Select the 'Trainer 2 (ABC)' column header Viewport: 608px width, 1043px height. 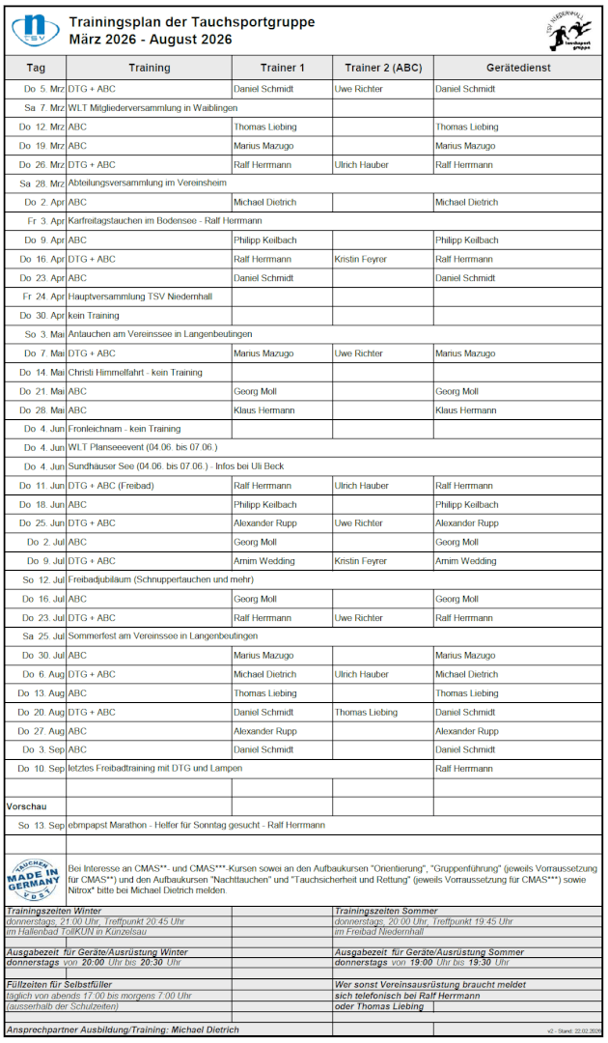click(383, 68)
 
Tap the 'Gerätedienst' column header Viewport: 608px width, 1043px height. click(518, 68)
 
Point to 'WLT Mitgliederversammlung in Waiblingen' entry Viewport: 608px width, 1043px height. click(152, 108)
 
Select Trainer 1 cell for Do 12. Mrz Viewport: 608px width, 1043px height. click(263, 127)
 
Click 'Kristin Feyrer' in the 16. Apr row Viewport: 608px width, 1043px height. click(360, 259)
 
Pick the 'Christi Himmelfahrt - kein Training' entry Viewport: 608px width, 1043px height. click(135, 372)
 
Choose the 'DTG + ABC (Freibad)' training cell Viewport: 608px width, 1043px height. click(110, 486)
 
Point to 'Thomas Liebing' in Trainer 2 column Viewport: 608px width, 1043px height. click(366, 712)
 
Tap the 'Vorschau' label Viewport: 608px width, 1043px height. click(26, 805)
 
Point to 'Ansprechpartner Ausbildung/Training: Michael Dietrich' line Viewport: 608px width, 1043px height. click(123, 1029)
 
